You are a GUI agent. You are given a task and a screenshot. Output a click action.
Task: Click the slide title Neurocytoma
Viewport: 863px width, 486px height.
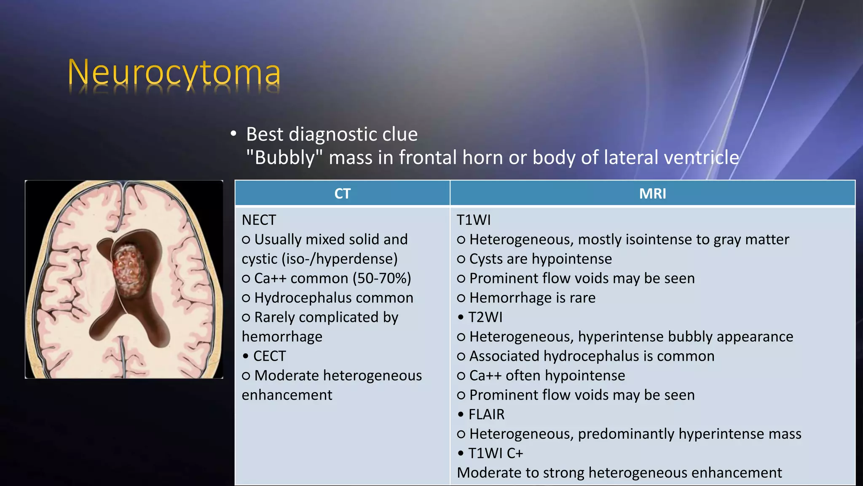174,73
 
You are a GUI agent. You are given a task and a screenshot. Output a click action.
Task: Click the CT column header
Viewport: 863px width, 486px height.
342,194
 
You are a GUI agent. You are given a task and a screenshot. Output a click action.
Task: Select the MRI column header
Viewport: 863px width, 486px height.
652,194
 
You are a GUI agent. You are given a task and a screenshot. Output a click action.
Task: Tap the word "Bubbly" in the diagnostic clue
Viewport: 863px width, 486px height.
284,158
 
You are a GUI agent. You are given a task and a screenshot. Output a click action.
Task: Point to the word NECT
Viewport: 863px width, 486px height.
259,220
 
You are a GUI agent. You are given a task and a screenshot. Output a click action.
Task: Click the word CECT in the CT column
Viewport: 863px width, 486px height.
270,356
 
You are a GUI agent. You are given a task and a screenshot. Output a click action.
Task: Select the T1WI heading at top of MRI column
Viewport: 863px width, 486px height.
474,220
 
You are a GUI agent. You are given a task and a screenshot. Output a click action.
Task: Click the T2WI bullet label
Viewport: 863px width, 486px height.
485,317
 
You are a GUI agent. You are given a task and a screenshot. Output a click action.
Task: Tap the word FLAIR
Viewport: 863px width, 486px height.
486,414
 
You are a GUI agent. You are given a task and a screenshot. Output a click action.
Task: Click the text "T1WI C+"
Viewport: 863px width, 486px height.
496,453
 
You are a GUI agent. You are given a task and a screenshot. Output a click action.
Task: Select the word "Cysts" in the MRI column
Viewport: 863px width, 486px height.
487,259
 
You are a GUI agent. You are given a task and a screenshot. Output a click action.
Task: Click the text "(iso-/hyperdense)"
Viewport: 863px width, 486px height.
339,259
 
